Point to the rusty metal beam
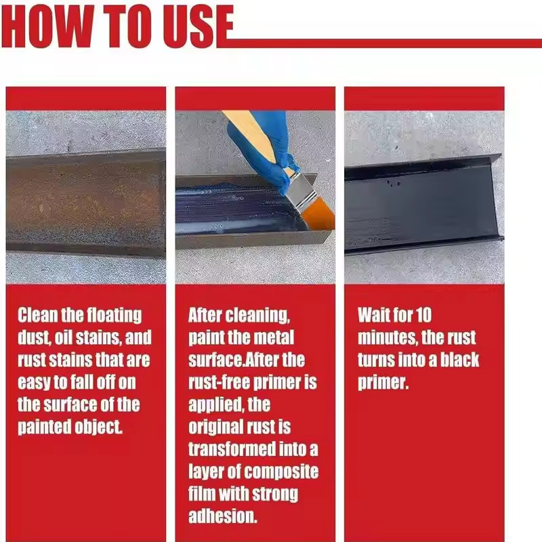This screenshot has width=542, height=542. [x=85, y=203]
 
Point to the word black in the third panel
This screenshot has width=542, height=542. [x=457, y=360]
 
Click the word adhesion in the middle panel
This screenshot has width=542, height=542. [x=223, y=516]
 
